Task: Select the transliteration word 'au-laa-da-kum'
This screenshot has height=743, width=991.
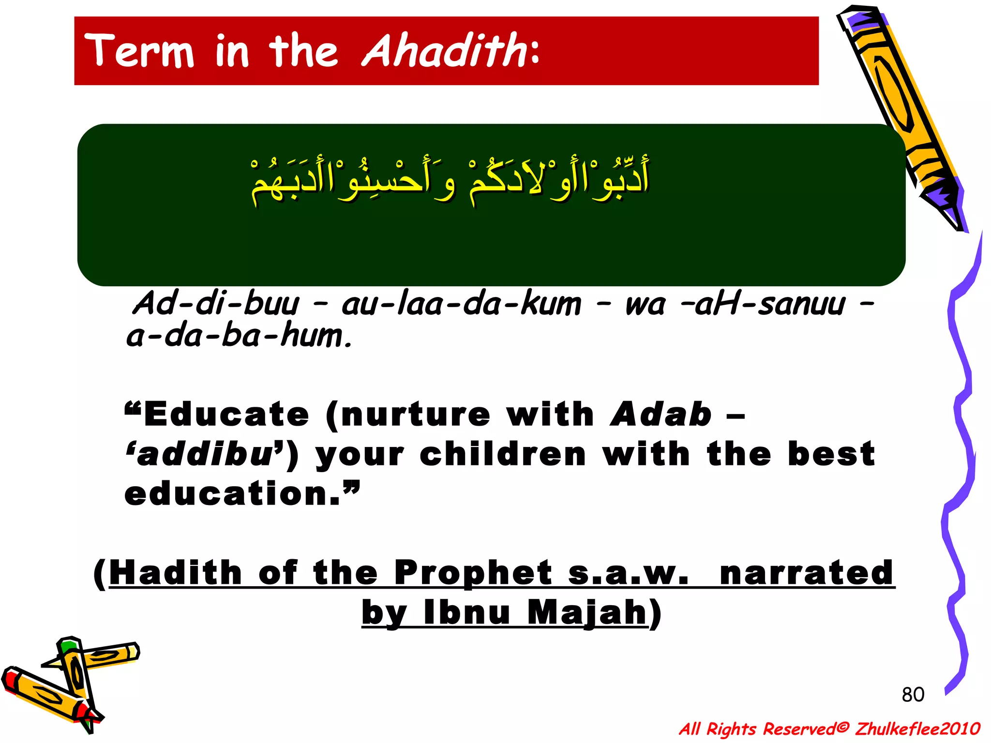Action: (461, 304)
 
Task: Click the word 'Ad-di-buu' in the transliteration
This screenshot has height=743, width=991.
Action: (216, 304)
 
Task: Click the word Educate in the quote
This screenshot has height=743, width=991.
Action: (226, 415)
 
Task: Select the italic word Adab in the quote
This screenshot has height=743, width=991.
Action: (661, 415)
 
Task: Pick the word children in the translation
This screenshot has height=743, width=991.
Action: (503, 454)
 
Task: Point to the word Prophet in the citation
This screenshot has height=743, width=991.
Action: (473, 573)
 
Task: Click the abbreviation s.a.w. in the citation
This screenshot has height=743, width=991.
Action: (628, 573)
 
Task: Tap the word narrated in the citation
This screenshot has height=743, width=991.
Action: (806, 573)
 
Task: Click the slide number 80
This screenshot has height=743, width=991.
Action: (913, 695)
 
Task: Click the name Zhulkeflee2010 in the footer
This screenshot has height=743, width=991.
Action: (917, 728)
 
